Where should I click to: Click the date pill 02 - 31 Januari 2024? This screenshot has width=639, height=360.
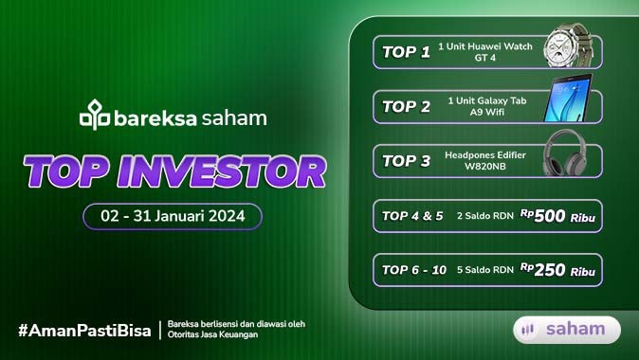(x=173, y=216)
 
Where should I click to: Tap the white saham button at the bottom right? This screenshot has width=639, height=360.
(x=567, y=329)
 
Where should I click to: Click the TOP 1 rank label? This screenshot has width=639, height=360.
(x=406, y=51)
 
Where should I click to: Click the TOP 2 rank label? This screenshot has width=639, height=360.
(x=406, y=106)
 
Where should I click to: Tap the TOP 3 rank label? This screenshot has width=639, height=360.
(x=406, y=160)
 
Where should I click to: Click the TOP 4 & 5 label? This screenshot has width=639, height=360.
(x=412, y=216)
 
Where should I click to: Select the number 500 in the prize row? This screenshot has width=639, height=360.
(x=550, y=216)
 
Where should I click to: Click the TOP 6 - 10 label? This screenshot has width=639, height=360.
(x=414, y=270)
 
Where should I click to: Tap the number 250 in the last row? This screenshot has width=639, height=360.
(x=550, y=270)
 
